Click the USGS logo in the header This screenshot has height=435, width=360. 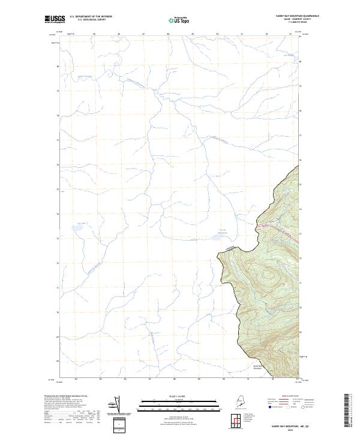55,19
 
